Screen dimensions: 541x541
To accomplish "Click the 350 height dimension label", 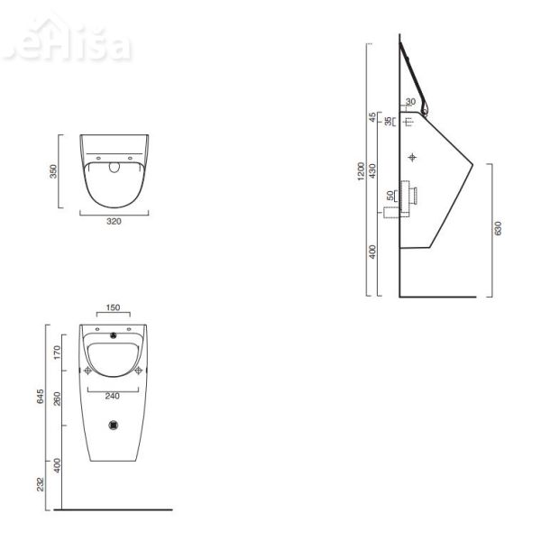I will (x=53, y=170).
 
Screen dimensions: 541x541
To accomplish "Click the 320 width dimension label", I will (x=113, y=221).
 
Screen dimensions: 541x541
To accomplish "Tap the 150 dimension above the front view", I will (x=113, y=308).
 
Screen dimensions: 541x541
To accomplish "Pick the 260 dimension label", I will (x=56, y=397).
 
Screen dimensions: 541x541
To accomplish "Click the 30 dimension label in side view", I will (x=410, y=101).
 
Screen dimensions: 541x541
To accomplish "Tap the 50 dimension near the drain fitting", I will (x=390, y=196).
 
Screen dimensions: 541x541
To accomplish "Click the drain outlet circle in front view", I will (x=113, y=426).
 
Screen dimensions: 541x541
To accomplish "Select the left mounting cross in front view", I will (x=87, y=370).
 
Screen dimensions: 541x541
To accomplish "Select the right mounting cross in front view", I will (x=138, y=370).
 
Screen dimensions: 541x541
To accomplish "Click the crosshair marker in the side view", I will (x=413, y=158).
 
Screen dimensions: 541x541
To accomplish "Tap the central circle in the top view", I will (x=113, y=168).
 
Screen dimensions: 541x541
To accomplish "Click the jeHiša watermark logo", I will (x=68, y=43).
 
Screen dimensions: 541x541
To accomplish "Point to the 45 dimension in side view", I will (x=372, y=116).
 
